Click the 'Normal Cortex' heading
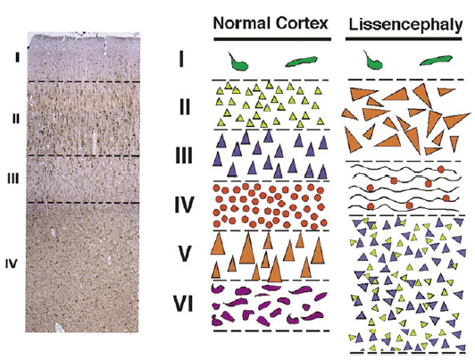point(271,23)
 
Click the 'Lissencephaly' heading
point(405,24)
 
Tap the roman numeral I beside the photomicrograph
point(18,57)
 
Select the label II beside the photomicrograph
point(16,119)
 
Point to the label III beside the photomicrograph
point(13,179)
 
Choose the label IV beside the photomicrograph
point(12,264)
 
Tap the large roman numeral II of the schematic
point(185,107)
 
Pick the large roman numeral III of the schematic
point(184,156)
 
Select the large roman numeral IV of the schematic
point(184,205)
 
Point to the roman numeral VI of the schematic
point(183,304)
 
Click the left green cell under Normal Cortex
point(238,63)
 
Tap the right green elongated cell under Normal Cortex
point(301,61)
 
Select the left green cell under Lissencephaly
point(373,62)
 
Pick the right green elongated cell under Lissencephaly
point(436,61)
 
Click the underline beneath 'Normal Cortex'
point(272,39)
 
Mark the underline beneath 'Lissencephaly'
point(404,38)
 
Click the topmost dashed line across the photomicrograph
point(84,82)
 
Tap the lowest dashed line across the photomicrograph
point(83,203)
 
